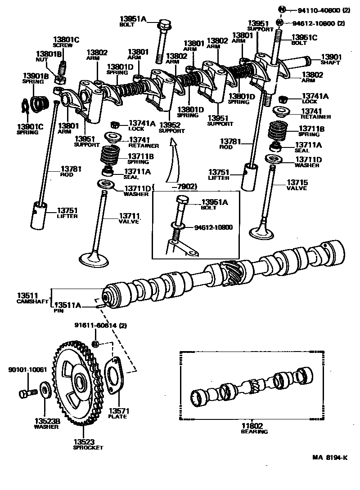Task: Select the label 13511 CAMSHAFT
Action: coord(32,298)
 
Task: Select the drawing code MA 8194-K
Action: coord(330,458)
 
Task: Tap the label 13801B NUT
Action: coord(49,56)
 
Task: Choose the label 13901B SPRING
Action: coord(33,78)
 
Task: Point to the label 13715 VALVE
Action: coord(297,185)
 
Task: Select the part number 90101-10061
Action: coord(27,370)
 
